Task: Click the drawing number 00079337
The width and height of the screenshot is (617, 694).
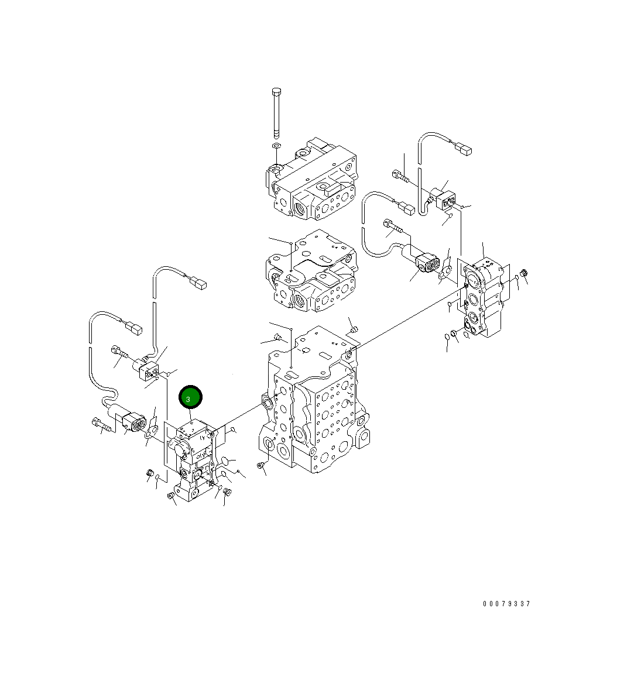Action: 506,604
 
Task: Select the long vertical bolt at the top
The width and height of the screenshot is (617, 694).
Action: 276,113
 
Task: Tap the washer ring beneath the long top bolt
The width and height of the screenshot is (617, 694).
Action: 276,146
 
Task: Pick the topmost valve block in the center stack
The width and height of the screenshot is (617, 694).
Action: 311,179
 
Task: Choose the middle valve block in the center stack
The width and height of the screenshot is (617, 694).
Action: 311,270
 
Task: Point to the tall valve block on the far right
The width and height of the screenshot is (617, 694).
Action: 483,299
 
